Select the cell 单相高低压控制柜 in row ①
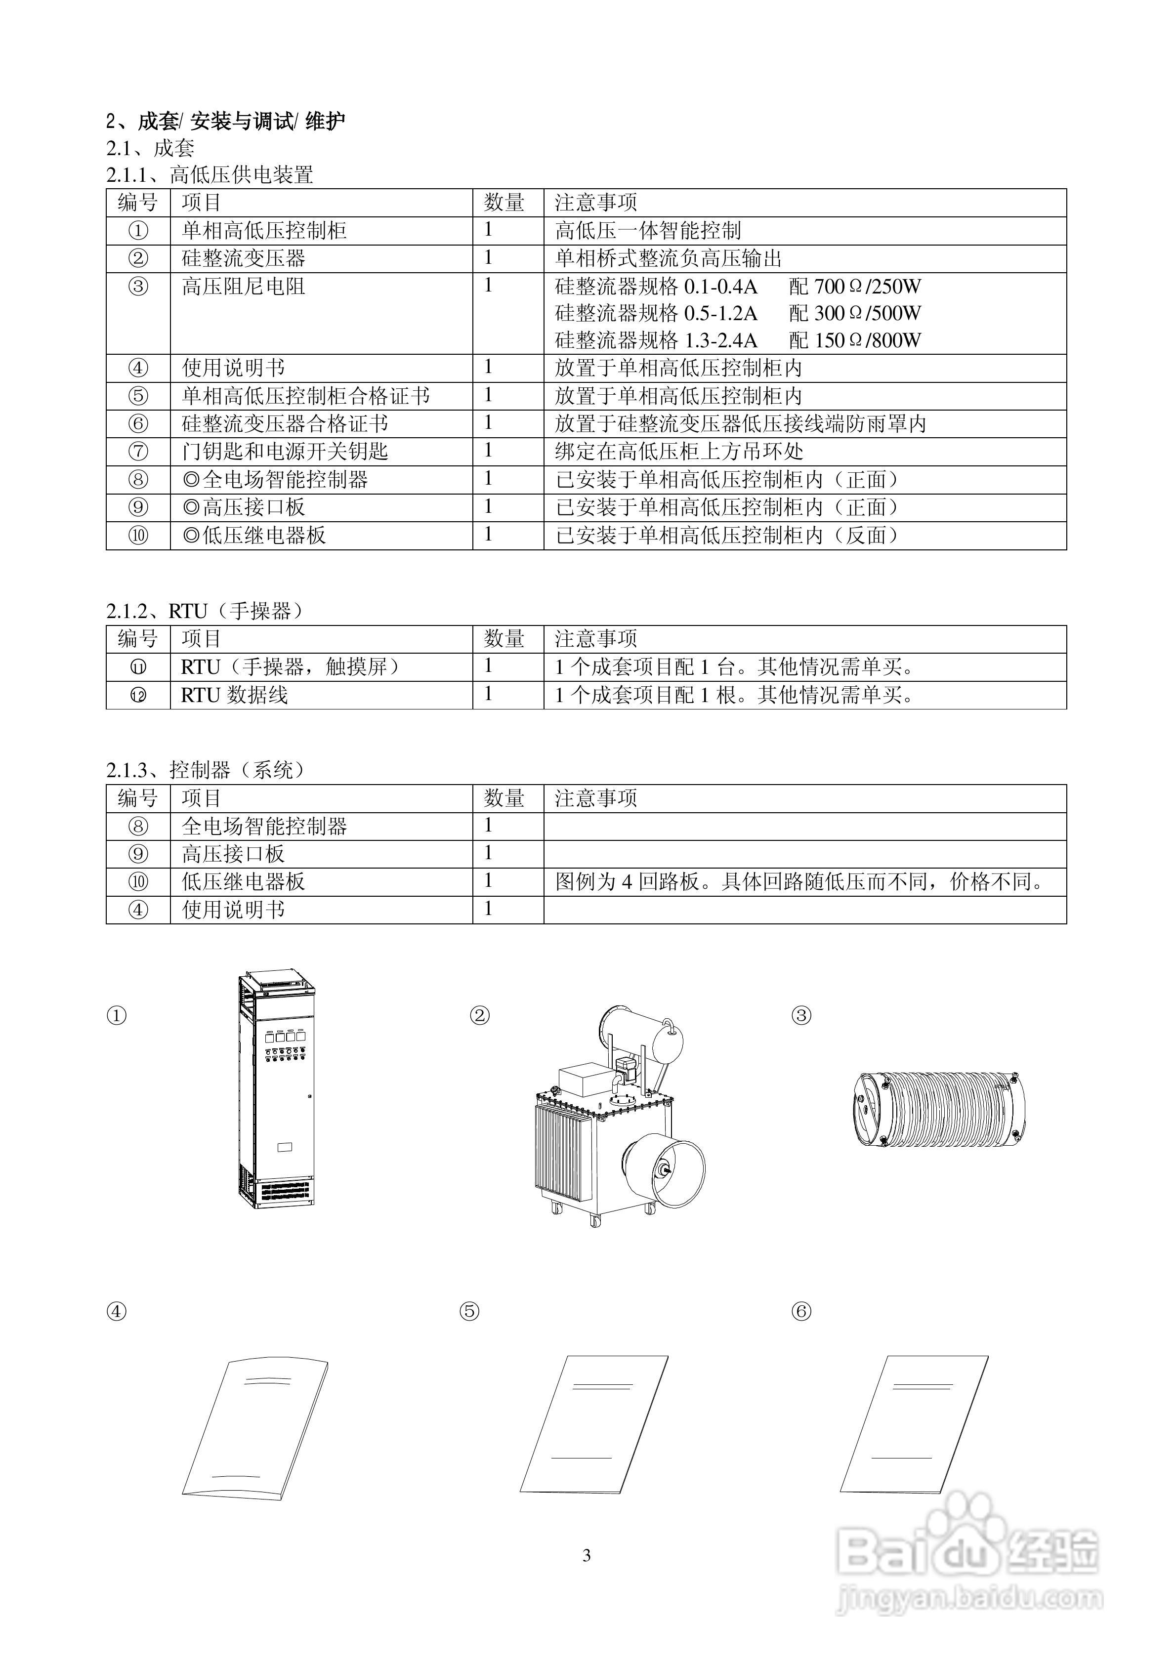click(264, 230)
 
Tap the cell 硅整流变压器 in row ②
click(244, 258)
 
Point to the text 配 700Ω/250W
click(855, 286)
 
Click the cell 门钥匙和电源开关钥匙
click(285, 452)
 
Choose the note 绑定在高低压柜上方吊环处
click(679, 452)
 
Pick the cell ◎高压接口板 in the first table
click(244, 507)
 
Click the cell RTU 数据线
click(234, 695)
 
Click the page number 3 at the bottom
click(587, 1554)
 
